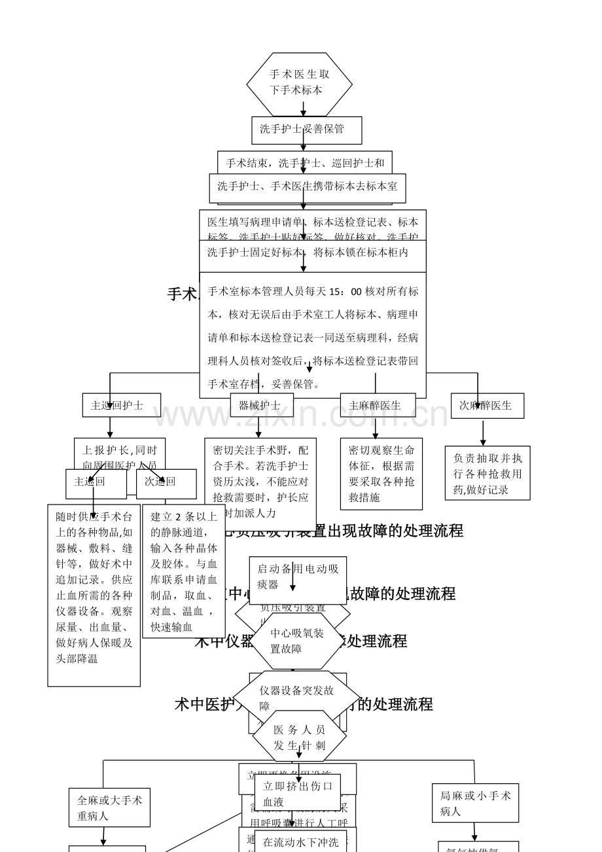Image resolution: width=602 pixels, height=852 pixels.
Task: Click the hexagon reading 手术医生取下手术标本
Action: click(x=300, y=82)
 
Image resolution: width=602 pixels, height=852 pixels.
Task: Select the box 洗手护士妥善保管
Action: click(x=306, y=130)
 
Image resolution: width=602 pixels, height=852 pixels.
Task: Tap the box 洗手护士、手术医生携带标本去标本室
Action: click(x=307, y=187)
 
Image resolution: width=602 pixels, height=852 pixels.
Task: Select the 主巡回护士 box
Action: click(x=121, y=405)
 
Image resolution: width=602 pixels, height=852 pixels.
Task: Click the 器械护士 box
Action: click(x=261, y=405)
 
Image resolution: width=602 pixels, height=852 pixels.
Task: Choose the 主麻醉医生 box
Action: click(x=377, y=405)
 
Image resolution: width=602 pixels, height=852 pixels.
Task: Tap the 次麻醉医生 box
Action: click(x=487, y=405)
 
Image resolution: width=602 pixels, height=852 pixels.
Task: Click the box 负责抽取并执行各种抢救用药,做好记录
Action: click(x=487, y=473)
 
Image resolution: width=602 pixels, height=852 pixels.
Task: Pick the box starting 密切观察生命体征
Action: click(x=381, y=474)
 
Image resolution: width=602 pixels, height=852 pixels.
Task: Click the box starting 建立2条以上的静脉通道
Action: click(x=184, y=571)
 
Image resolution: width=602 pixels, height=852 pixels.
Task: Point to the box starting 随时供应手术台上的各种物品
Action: click(x=94, y=595)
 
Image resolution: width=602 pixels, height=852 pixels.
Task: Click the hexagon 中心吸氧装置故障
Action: click(x=298, y=641)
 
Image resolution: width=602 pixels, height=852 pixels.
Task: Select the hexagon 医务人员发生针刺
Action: click(x=299, y=737)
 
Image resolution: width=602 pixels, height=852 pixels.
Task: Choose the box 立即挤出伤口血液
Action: click(x=298, y=793)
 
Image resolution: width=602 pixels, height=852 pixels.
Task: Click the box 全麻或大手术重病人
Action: click(x=109, y=808)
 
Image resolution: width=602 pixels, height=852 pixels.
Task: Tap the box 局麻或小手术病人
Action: click(x=475, y=803)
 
